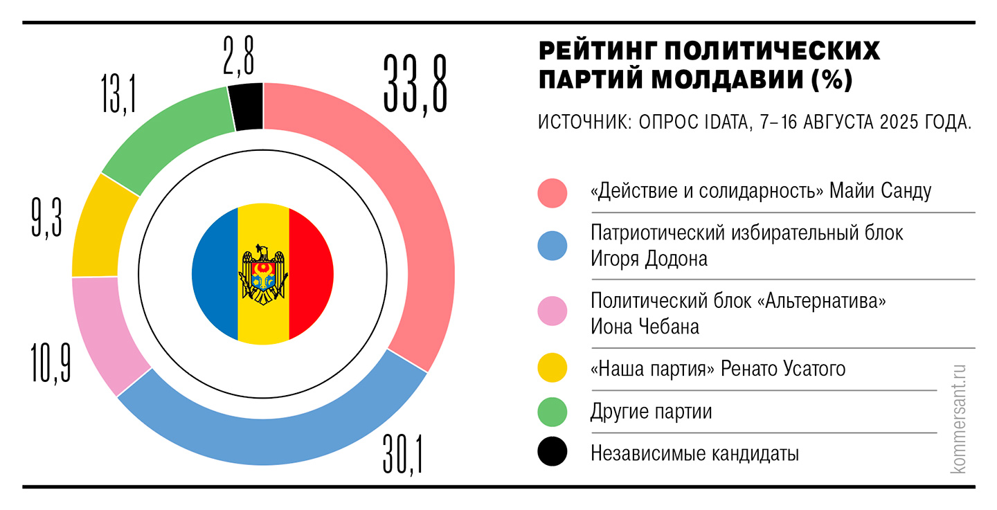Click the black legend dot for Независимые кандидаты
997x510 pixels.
552,453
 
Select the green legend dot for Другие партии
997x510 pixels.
552,412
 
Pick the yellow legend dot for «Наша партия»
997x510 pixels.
552,369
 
